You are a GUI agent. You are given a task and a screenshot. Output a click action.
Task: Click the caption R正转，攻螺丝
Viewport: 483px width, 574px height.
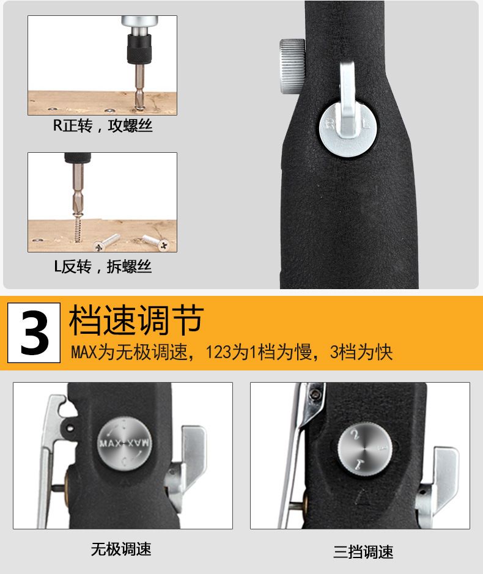(x=103, y=125)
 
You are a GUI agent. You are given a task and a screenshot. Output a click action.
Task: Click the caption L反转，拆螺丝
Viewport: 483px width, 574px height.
(x=103, y=266)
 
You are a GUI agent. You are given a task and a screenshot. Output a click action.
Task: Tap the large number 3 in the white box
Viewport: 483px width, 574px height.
(x=34, y=333)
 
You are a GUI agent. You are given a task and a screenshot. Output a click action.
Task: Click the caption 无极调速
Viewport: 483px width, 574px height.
(x=121, y=549)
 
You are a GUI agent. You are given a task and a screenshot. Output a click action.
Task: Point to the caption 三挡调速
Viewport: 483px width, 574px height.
(x=363, y=551)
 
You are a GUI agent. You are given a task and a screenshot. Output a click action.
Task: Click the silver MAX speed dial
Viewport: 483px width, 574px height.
(x=124, y=443)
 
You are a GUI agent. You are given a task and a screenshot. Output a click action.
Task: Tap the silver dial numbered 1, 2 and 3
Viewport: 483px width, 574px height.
(x=365, y=449)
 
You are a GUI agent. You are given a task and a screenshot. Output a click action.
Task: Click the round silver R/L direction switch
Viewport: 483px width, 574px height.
(x=348, y=128)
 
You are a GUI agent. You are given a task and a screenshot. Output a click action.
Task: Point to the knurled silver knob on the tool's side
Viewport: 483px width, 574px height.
(x=292, y=66)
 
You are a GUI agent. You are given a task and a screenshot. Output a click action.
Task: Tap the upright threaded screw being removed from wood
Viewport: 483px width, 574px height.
(x=77, y=227)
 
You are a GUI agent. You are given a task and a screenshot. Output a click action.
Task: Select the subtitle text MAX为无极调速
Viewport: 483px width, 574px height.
(x=129, y=352)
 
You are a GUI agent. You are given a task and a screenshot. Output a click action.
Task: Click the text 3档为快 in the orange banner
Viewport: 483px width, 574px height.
(x=361, y=352)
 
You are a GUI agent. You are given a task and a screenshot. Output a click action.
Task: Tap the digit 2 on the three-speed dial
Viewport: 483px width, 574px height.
(x=355, y=435)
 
